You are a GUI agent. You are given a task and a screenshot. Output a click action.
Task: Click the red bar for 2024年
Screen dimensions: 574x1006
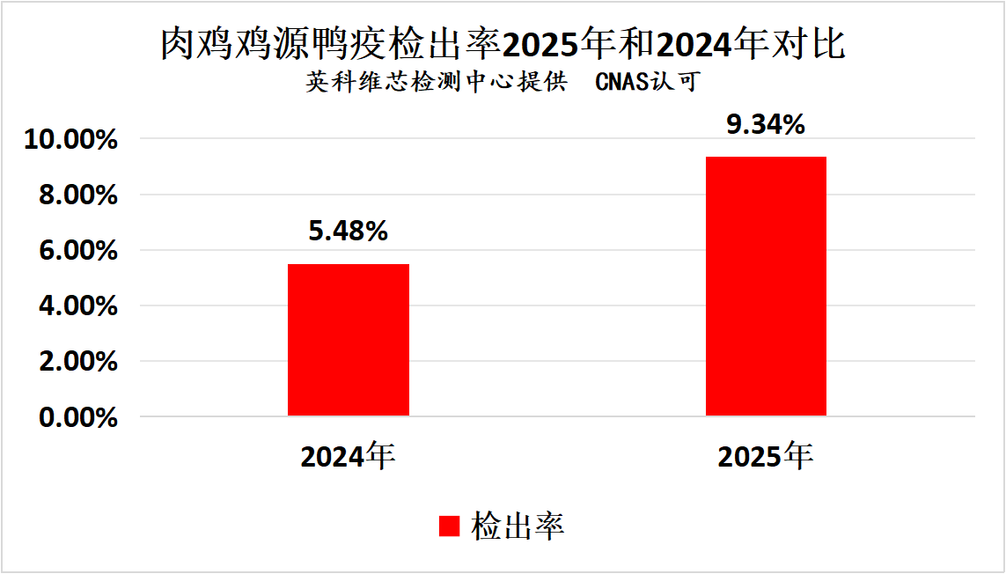pos(349,340)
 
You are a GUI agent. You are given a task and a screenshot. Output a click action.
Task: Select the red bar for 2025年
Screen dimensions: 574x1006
pos(766,286)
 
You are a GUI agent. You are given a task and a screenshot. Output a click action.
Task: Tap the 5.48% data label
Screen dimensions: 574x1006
pos(348,232)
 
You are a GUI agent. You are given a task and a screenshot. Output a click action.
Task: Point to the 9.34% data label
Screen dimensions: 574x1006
pos(766,125)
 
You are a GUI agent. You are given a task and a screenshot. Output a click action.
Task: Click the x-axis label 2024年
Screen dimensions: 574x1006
pos(348,456)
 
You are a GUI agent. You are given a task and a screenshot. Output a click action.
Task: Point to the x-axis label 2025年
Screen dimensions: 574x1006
pos(765,456)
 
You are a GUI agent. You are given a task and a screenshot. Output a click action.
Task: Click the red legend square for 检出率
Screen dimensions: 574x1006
pos(450,526)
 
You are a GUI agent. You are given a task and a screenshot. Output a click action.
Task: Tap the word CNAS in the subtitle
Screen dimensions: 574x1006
pos(622,82)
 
